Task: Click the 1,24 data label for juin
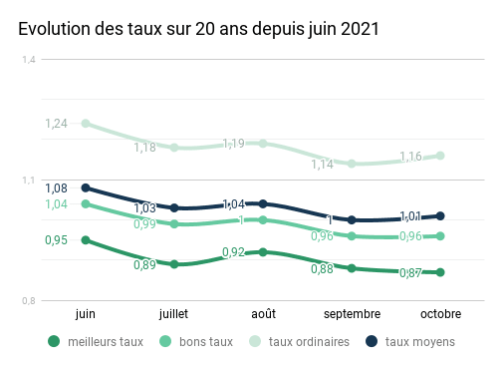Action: pos(56,124)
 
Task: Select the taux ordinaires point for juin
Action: pos(86,124)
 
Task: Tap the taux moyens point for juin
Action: pos(86,187)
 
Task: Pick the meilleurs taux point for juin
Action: pos(86,240)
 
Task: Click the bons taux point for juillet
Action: pos(174,224)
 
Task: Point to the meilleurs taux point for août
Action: pos(263,252)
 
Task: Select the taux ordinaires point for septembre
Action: pos(352,164)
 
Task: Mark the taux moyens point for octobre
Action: pos(440,215)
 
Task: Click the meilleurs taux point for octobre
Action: pos(440,272)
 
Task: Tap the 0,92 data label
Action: pos(234,252)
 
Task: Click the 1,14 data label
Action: pos(323,165)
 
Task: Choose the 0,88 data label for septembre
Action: pos(323,269)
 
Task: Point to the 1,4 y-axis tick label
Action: pos(29,60)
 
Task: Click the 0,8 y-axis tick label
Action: pos(29,301)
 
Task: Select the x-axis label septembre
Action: pos(352,313)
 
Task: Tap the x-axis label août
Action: pos(263,313)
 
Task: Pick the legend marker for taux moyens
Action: pos(372,342)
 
